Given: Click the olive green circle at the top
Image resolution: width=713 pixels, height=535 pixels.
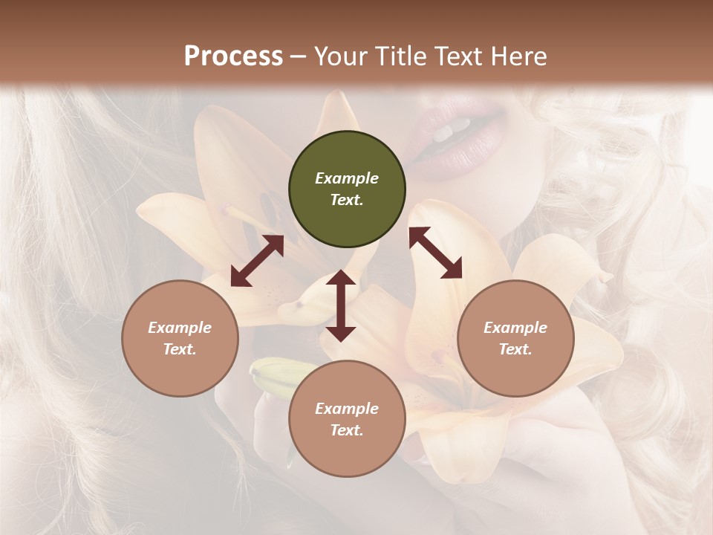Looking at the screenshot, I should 347,189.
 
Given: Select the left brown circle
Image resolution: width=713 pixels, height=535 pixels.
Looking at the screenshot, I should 180,338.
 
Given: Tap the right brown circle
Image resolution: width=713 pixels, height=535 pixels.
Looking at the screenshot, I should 515,338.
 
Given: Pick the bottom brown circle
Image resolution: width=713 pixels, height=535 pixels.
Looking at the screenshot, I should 347,419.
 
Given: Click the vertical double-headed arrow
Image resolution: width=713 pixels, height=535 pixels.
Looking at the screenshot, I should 341,305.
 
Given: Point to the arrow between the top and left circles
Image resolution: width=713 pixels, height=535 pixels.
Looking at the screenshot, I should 257,261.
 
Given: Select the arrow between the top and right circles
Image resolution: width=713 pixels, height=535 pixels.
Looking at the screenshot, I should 435,253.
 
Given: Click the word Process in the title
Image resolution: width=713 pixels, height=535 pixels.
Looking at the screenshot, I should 233,56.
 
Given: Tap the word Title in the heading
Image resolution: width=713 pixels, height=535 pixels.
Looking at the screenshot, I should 397,56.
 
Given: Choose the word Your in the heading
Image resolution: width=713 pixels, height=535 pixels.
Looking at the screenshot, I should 339,56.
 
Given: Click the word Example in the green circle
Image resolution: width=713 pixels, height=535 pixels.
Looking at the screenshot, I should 347,178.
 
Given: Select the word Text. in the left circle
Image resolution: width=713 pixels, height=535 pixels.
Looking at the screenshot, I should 180,349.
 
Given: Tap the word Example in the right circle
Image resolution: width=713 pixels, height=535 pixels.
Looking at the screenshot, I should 515,328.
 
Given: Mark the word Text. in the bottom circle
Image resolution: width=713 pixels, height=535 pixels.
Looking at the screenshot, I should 347,430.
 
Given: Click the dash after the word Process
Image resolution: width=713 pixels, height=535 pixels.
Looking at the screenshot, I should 299,56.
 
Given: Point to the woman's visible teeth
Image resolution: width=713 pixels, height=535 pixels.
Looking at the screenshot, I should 450,132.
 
